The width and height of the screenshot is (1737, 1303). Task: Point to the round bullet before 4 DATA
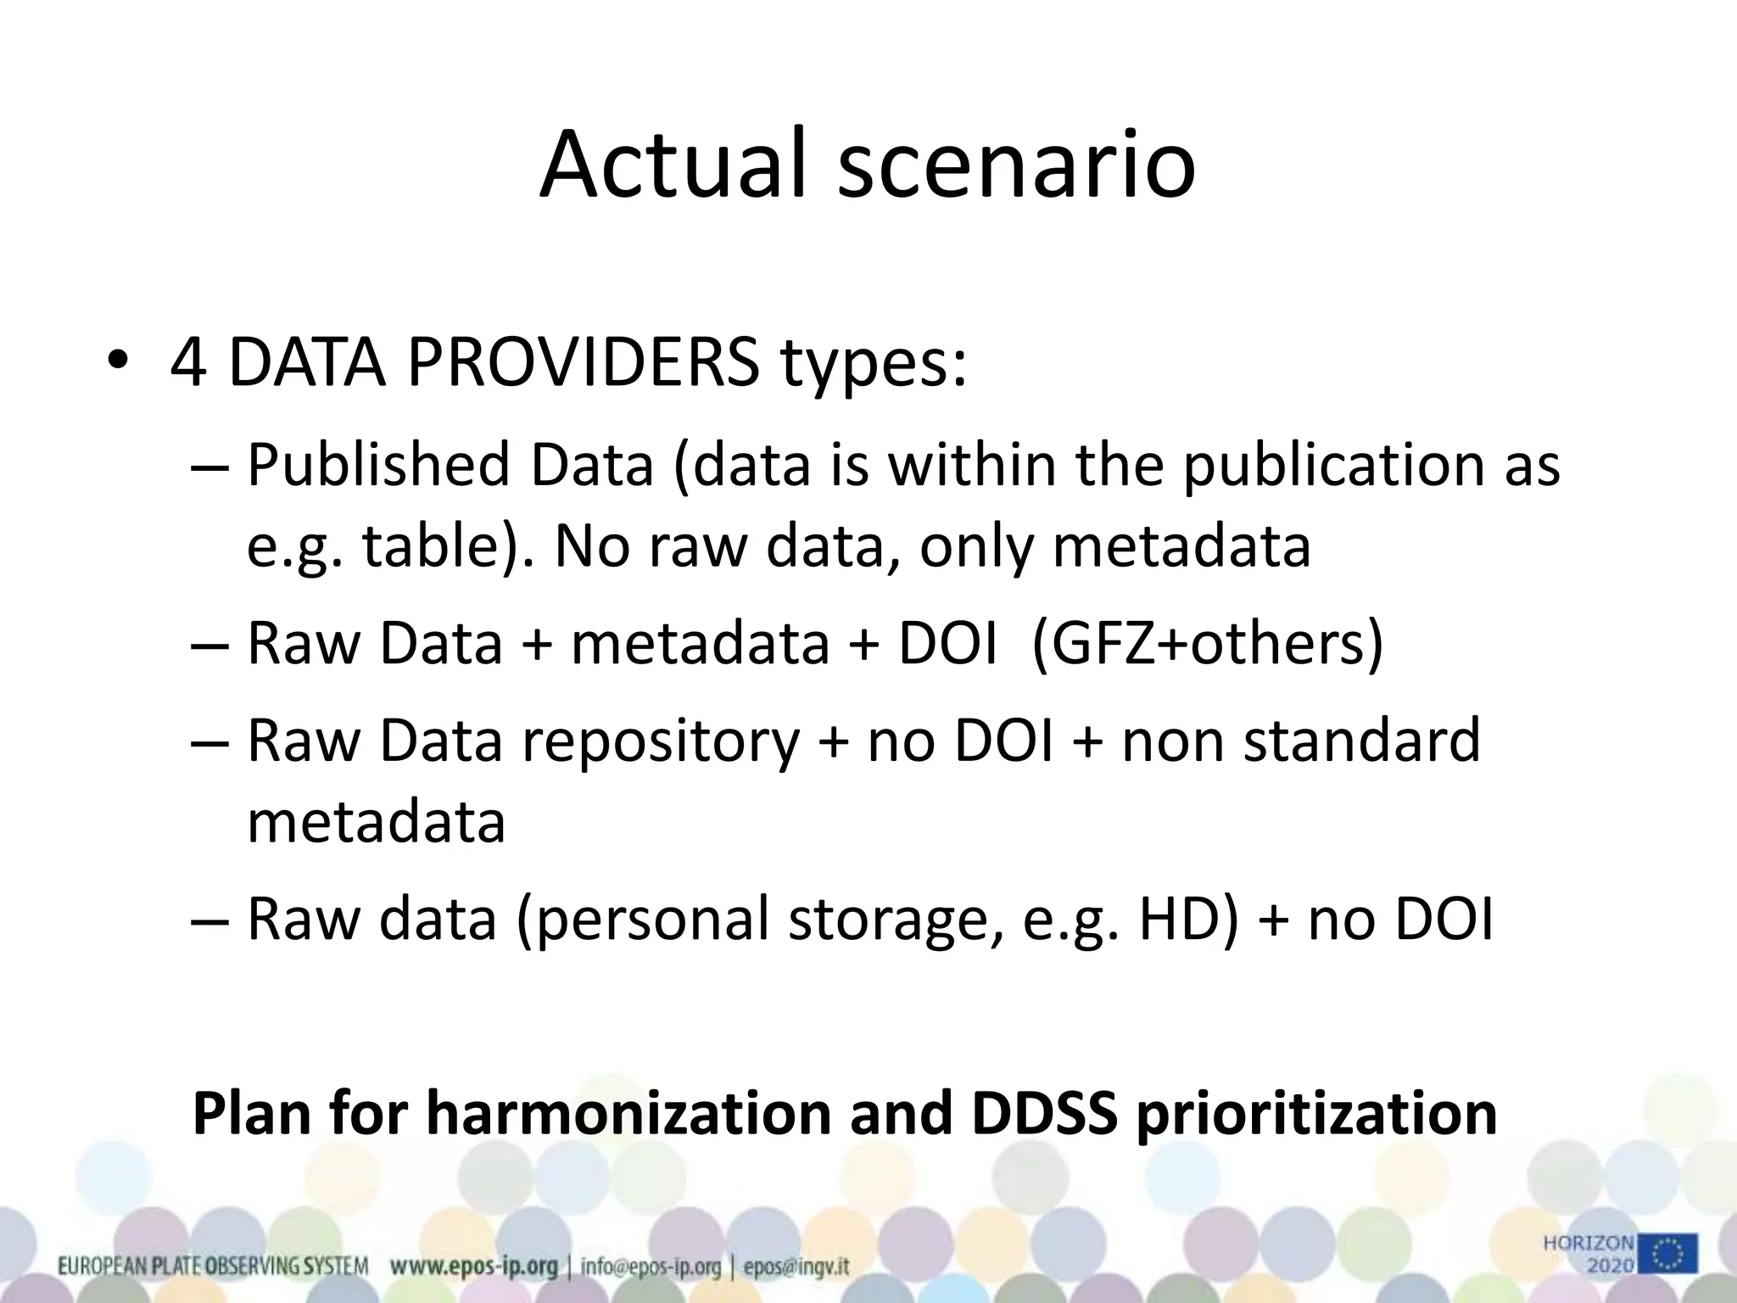(118, 362)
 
